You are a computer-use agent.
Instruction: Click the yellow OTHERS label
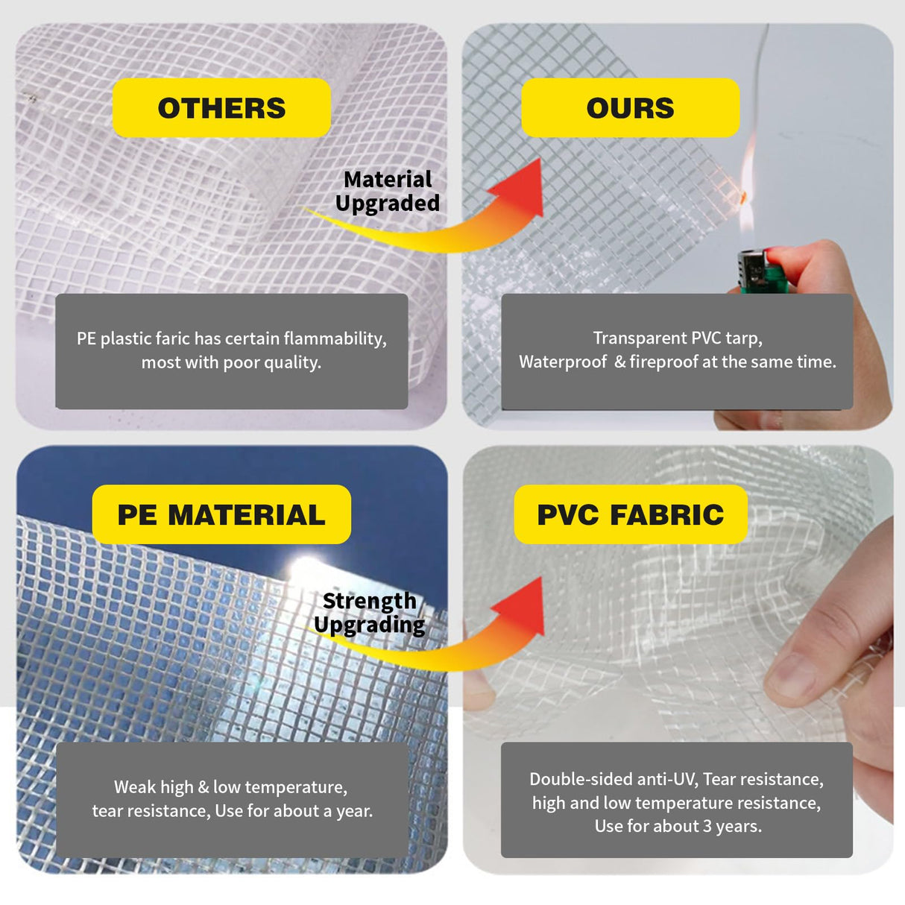(221, 107)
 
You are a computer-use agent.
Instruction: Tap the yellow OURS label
(630, 107)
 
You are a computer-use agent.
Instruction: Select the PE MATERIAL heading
(221, 514)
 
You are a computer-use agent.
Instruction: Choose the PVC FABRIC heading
(630, 514)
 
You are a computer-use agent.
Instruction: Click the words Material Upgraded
(388, 192)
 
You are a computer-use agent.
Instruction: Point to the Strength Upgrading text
(370, 614)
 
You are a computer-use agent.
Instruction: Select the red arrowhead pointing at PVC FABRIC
(520, 607)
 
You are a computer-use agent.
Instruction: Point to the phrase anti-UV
(667, 779)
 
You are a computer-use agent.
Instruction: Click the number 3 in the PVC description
(707, 826)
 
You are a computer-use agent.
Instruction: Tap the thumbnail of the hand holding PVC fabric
(678, 660)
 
